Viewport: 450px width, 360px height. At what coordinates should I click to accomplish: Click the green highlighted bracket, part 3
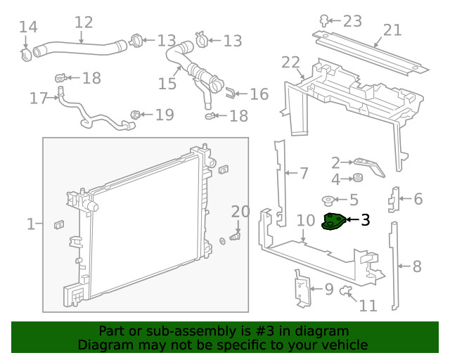pos(333,222)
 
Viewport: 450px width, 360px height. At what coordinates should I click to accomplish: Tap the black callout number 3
pos(365,221)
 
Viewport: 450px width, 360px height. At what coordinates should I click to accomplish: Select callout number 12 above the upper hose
pos(83,22)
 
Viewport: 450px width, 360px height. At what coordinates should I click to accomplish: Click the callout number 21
pos(392,30)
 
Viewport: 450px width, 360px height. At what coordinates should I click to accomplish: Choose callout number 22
pos(290,63)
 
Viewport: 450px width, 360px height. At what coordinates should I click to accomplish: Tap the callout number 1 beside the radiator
pos(30,224)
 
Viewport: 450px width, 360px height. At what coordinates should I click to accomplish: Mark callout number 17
pos(39,98)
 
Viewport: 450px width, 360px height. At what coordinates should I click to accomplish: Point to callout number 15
pos(167,84)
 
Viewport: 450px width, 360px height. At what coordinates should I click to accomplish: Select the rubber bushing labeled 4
pos(356,176)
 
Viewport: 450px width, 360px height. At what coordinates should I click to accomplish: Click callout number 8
pos(416,266)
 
